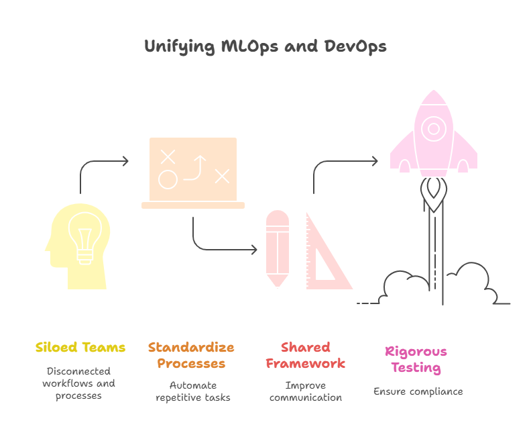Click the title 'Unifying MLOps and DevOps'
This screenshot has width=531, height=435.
coord(265,47)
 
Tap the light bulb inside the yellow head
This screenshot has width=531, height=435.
coord(84,238)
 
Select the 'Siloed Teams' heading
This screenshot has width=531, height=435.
coord(80,348)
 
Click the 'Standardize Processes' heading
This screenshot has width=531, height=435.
coord(191,356)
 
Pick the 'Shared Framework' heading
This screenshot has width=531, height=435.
coord(305,356)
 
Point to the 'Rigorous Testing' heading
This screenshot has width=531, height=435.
coord(416,360)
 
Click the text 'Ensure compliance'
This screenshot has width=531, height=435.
coord(418,391)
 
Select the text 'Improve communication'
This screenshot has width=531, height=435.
coord(305,392)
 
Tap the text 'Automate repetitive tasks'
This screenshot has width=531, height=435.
coord(192,392)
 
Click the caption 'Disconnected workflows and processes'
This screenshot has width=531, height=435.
coord(79,383)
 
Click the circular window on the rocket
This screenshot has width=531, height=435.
coord(434,128)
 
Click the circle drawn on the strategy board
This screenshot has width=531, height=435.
coord(167,179)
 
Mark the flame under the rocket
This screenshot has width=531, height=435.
coord(434,194)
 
